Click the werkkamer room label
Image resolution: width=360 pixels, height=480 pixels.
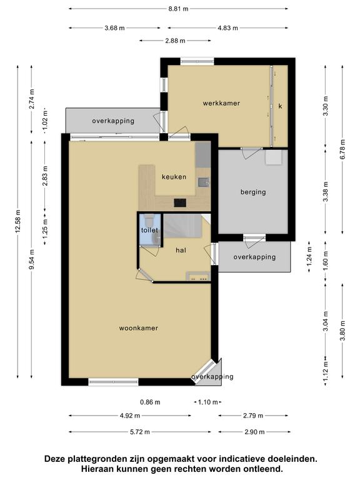pos(221,103)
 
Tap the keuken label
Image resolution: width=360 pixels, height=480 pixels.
pos(174,177)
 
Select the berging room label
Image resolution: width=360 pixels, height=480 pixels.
pos(253,192)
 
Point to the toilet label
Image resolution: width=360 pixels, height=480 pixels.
pos(149,230)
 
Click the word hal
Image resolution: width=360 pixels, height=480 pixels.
pos(181,250)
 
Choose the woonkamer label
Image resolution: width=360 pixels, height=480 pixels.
pos(139,328)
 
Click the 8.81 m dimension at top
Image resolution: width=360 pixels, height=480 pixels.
pos(178,9)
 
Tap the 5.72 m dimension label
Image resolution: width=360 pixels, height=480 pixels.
pos(139,432)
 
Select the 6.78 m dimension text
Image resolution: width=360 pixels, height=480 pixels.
pos(342,149)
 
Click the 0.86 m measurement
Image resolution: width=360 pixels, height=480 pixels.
pos(150,402)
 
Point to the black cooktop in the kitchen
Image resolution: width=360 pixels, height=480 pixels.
pos(180,202)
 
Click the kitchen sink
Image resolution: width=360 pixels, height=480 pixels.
pos(203,182)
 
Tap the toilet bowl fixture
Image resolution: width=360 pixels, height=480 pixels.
pos(150,220)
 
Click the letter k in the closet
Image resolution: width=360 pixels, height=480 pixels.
pos(280,106)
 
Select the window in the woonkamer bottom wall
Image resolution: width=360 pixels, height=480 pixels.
pos(113,381)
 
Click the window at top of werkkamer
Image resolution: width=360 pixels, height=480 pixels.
pos(197,61)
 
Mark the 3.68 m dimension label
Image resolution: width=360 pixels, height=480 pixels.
pos(114,28)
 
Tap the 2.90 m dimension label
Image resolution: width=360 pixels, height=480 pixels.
pos(255,432)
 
